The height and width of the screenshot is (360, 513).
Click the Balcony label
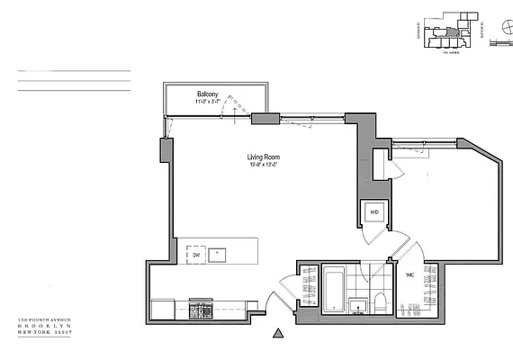point(211,94)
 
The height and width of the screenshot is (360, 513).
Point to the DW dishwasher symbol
point(196,255)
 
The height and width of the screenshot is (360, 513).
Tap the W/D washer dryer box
point(373,212)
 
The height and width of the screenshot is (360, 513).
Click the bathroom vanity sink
point(358,308)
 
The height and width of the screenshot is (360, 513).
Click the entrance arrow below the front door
point(279,334)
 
